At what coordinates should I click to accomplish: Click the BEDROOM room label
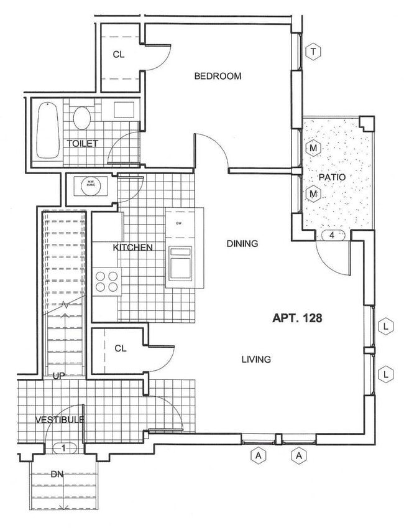coord(217,77)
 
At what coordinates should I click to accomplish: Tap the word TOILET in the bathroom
coord(83,143)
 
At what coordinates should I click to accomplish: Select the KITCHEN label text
coord(132,248)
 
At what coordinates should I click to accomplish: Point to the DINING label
coord(242,244)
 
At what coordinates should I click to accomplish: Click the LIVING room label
coord(255,360)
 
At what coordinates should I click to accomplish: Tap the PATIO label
coord(332,177)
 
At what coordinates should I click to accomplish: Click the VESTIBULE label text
coord(59,420)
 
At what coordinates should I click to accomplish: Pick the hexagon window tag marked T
coord(314,52)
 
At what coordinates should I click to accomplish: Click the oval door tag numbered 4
coord(333,236)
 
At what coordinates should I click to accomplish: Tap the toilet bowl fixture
coord(82,117)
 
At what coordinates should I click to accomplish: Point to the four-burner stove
coord(106,282)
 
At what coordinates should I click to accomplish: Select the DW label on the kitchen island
coord(178,223)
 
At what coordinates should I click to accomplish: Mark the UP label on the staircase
coord(60,376)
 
